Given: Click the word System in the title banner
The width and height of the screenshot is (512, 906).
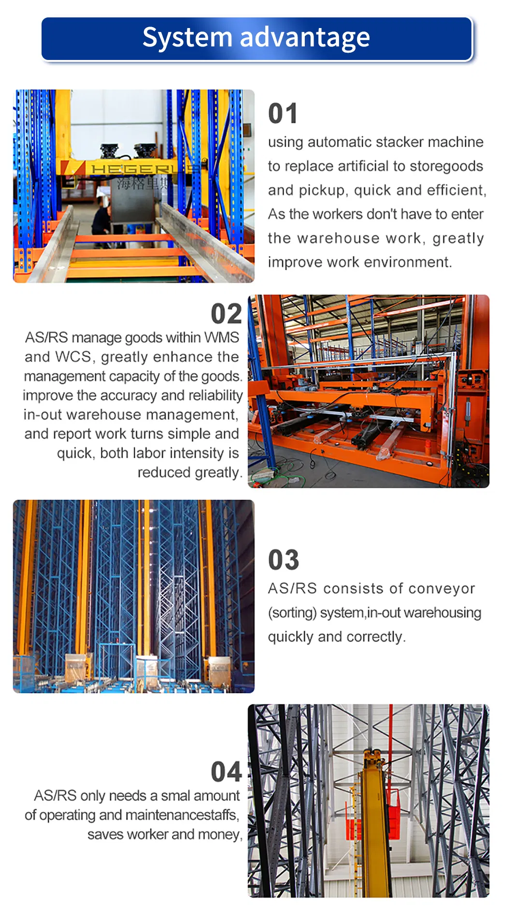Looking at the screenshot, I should [187, 38].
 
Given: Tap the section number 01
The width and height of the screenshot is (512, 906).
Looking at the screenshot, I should [283, 114].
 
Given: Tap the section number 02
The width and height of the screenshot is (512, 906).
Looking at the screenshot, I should [226, 314].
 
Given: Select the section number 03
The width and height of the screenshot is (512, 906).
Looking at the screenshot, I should [284, 560].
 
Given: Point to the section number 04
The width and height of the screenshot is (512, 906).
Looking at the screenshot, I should [226, 772].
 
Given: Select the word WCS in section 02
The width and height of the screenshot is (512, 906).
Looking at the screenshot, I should [72, 357].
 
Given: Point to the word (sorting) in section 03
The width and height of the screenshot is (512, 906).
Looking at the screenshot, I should [292, 613].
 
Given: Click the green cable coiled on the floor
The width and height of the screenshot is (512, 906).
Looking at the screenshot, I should [285, 474].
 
